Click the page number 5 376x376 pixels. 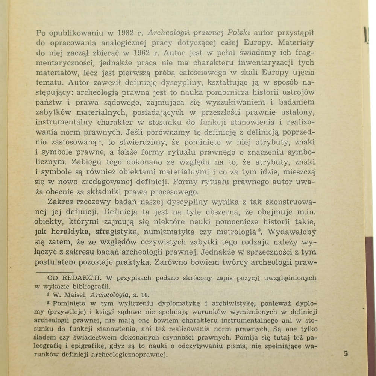346,354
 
